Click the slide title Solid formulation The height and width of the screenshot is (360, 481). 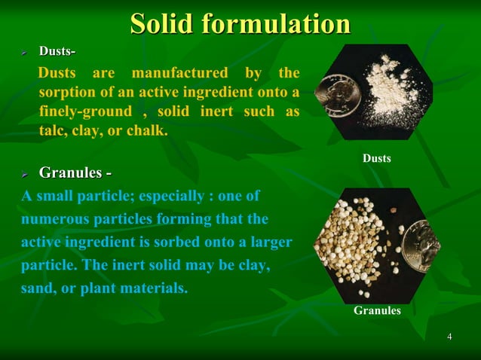(240, 23)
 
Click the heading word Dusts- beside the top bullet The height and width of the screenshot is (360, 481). (57, 51)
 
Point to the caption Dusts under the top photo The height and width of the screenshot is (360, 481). (377, 159)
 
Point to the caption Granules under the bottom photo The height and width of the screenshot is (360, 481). (377, 310)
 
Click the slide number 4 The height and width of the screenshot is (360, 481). (449, 336)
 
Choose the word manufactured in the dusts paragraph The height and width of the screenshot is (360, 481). (179, 74)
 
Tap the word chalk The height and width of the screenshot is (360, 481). (148, 130)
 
